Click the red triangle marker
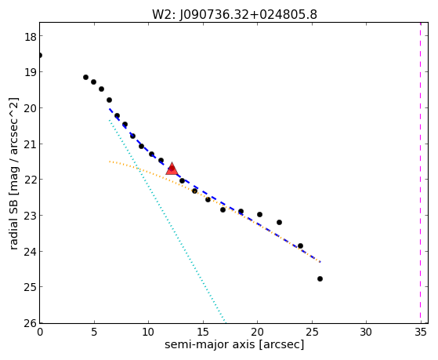172,169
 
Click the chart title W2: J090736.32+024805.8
234,15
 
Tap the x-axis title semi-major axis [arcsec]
234,344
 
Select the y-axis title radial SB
13,221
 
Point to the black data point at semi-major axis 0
40,56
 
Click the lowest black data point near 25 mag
320,278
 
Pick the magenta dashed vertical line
420,173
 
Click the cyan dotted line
168,220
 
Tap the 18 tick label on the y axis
30,37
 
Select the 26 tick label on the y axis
30,324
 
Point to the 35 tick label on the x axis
421,332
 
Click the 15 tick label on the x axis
203,332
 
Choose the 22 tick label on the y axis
30,180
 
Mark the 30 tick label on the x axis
366,332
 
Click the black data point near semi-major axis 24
300,245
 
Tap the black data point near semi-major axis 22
279,223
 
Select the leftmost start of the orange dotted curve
110,162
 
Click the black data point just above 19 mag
85,77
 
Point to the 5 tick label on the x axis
94,332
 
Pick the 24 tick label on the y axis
30,252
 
